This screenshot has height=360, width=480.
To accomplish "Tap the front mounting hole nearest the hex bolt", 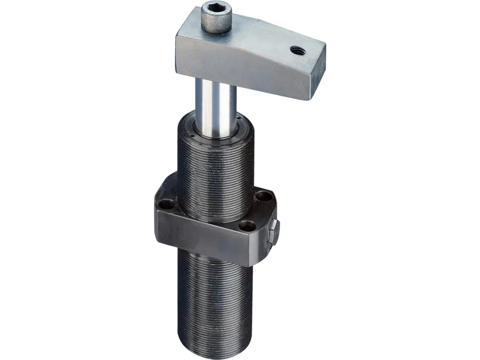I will pos(247,225).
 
